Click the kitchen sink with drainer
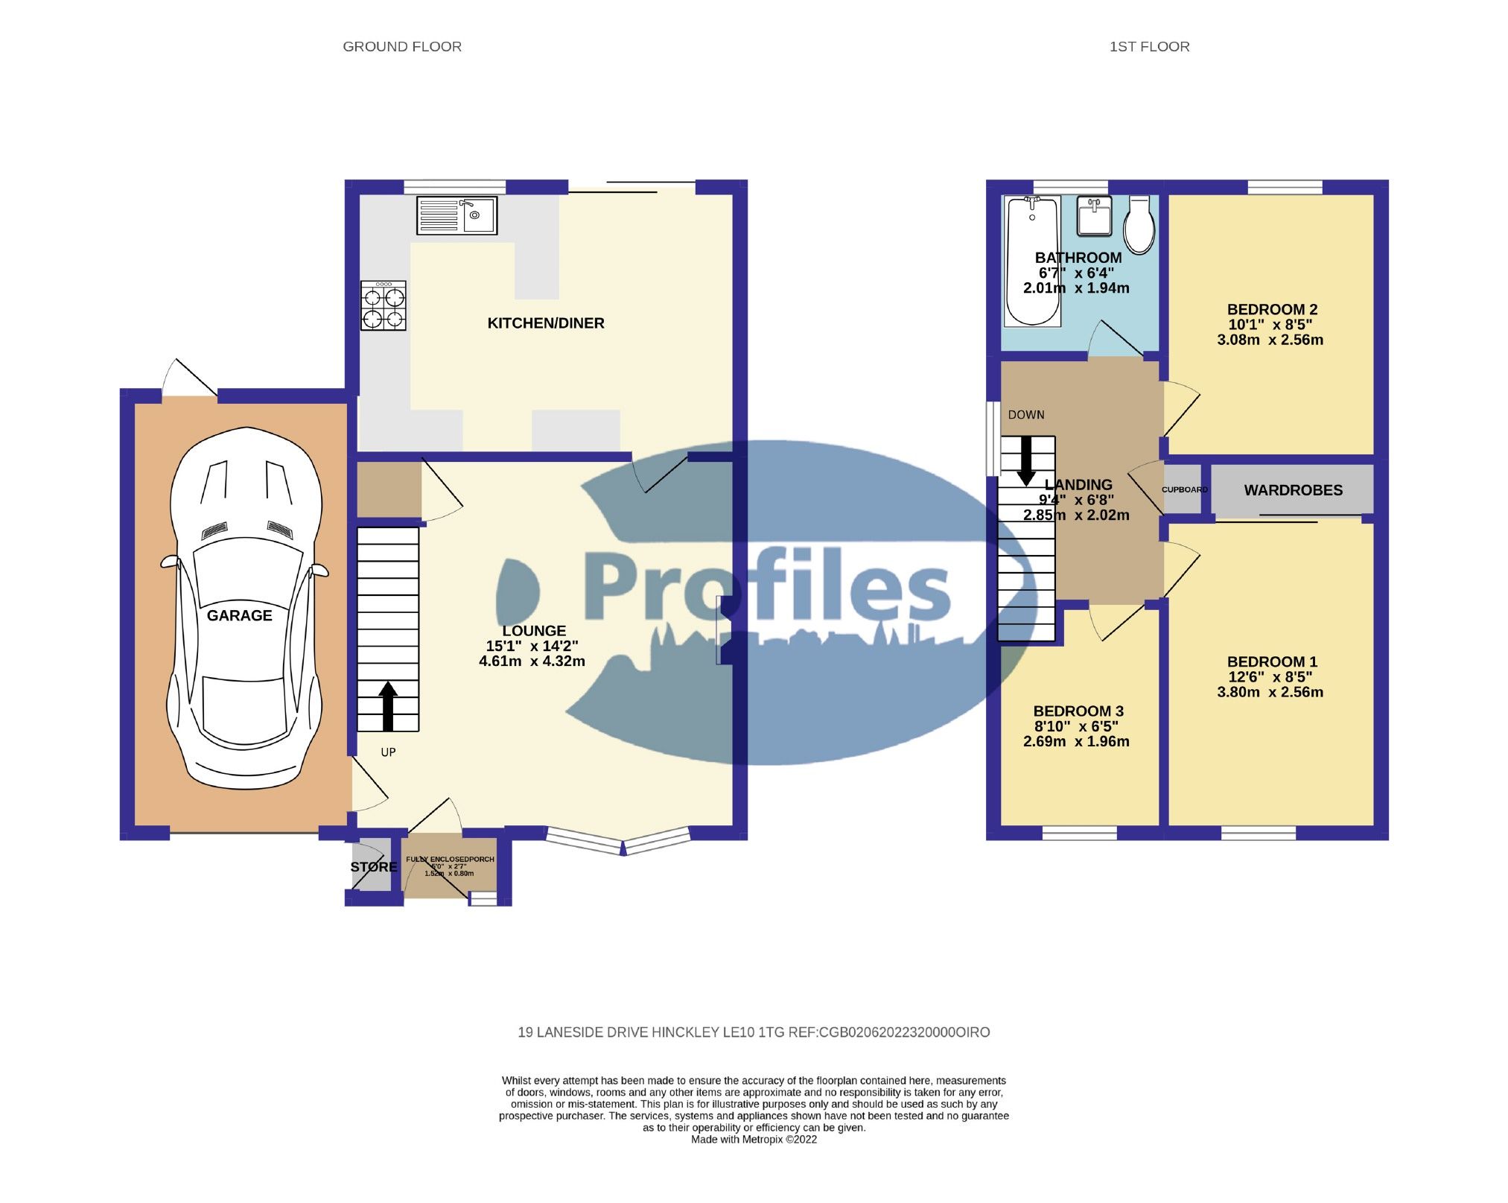click(456, 215)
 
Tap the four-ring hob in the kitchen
click(384, 306)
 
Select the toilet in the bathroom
click(1139, 224)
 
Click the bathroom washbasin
click(1095, 215)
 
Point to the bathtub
click(1032, 261)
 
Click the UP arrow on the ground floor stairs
click(388, 705)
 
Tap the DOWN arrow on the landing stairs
click(1027, 460)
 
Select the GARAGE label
click(239, 615)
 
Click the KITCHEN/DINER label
click(545, 323)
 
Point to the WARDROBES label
click(1293, 490)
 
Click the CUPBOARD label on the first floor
click(1184, 489)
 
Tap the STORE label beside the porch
click(374, 867)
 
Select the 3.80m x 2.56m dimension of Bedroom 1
click(1270, 692)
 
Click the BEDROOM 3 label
click(1078, 711)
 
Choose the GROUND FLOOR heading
click(401, 47)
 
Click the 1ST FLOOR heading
click(1148, 47)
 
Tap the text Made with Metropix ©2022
click(754, 1139)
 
